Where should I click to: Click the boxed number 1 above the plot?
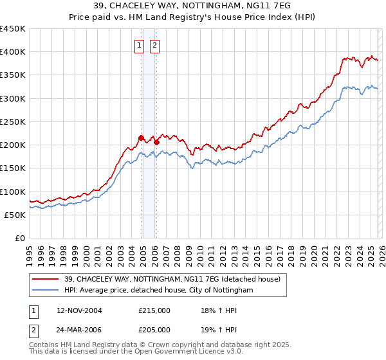click(x=140, y=45)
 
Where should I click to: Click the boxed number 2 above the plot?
click(x=156, y=45)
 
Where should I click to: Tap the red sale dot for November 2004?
click(x=141, y=138)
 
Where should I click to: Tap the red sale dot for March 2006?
click(x=156, y=142)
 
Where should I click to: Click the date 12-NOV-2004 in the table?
click(x=80, y=310)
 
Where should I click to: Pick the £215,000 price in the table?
click(x=155, y=310)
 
